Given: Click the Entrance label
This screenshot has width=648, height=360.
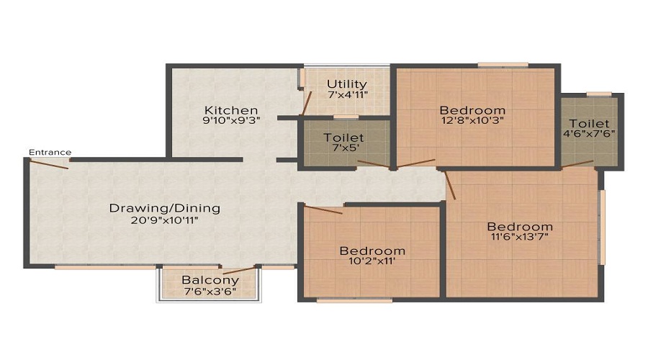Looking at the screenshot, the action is (x=50, y=152).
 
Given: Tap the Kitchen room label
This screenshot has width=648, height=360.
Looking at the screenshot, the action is (x=231, y=110).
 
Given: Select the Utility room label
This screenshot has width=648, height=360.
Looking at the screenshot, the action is (x=347, y=84).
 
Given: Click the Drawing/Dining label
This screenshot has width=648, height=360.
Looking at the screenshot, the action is (x=164, y=208).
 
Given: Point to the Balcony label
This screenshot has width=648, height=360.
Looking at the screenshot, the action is (x=210, y=280).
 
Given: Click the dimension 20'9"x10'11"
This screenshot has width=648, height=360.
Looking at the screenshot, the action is (x=164, y=220).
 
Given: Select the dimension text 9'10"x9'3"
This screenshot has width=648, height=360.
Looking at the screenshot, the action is (x=231, y=121).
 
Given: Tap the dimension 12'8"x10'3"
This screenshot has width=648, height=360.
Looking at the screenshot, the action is (x=472, y=121).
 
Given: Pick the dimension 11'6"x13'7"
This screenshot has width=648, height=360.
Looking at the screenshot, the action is (x=519, y=237).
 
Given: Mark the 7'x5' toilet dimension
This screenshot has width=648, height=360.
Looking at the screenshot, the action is (x=343, y=148).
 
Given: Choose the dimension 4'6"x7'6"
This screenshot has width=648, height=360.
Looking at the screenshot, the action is (x=589, y=133).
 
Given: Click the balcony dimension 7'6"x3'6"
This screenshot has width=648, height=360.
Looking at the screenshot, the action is (x=210, y=292).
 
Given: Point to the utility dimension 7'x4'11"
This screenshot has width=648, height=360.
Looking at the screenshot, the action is (x=348, y=94).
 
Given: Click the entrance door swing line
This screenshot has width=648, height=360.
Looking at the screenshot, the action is (x=49, y=164).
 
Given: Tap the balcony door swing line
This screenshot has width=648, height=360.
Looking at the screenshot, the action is (x=239, y=270).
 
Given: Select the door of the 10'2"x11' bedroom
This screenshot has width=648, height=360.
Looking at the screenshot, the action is (x=323, y=210).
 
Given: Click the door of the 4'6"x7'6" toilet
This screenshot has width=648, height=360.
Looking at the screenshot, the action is (x=577, y=164).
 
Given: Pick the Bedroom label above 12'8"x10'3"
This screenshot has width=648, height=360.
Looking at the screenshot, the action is (x=472, y=110).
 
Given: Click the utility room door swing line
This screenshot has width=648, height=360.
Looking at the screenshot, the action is (x=307, y=104).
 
